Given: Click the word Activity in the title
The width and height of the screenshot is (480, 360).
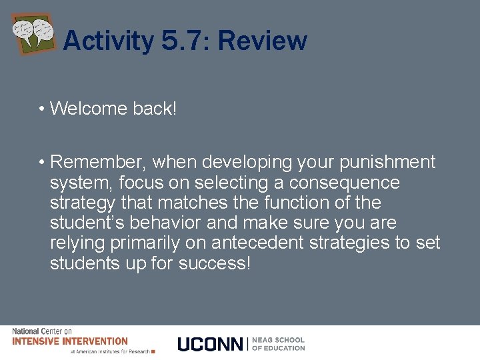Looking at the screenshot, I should point(108,41).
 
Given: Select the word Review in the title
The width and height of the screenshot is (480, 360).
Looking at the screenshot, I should point(262,41).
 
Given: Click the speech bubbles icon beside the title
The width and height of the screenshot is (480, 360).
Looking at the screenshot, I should point(33,33).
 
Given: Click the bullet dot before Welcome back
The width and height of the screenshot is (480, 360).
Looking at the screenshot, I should point(41,109).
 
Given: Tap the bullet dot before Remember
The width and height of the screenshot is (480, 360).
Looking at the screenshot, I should point(41,163).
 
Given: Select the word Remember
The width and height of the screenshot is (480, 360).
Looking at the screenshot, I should point(99,163).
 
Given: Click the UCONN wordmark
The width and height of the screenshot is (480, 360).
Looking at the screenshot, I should point(211,344).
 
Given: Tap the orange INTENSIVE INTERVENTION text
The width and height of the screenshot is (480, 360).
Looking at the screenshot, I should point(70,341).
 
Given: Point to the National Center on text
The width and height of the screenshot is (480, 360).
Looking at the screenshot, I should point(41,331).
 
